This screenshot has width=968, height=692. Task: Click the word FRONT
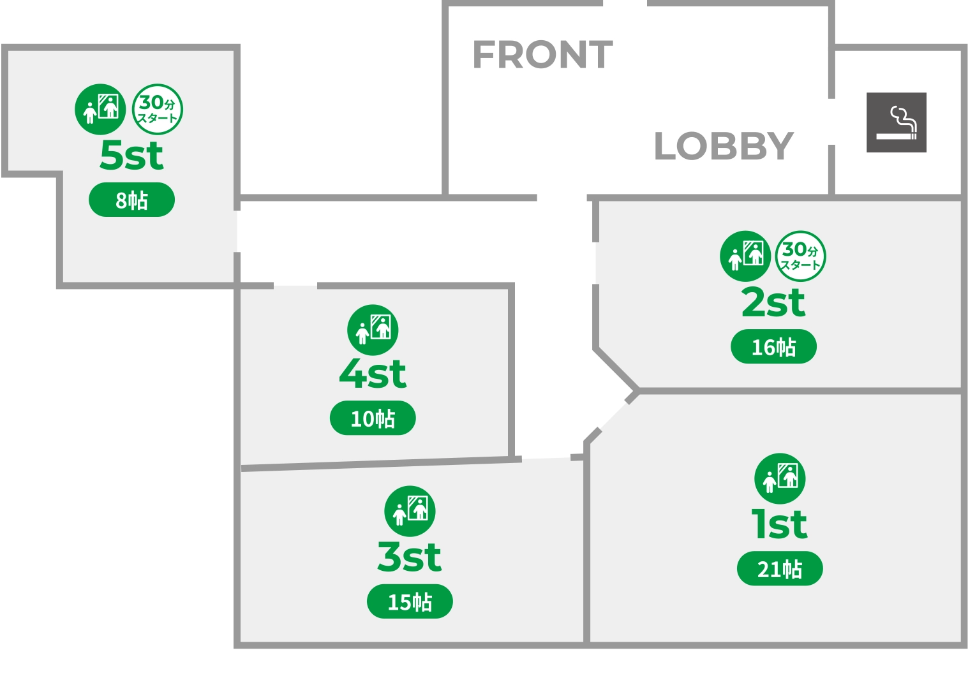(542, 55)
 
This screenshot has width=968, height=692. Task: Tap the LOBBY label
(724, 146)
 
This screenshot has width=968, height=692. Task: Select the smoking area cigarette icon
(896, 122)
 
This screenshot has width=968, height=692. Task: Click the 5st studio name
(131, 155)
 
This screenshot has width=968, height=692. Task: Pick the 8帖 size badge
(131, 200)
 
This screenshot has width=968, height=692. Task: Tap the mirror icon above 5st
(100, 109)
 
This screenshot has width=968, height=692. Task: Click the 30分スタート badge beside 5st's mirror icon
(157, 109)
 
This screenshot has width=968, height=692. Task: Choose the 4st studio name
(373, 374)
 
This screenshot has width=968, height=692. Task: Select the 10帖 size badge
(373, 418)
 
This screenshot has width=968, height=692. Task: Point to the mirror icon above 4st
(373, 330)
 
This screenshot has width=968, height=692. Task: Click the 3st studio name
(409, 557)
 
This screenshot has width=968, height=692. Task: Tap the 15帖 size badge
(410, 601)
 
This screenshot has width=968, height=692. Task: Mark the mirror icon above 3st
(410, 511)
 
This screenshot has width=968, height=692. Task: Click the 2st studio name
(773, 302)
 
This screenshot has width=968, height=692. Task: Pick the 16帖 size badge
(773, 347)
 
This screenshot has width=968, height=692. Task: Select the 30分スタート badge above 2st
(800, 256)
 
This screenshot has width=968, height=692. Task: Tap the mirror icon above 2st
(745, 256)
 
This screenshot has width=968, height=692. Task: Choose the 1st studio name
(779, 524)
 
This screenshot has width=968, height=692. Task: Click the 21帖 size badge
(780, 568)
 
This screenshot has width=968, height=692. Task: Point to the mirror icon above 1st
(780, 478)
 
